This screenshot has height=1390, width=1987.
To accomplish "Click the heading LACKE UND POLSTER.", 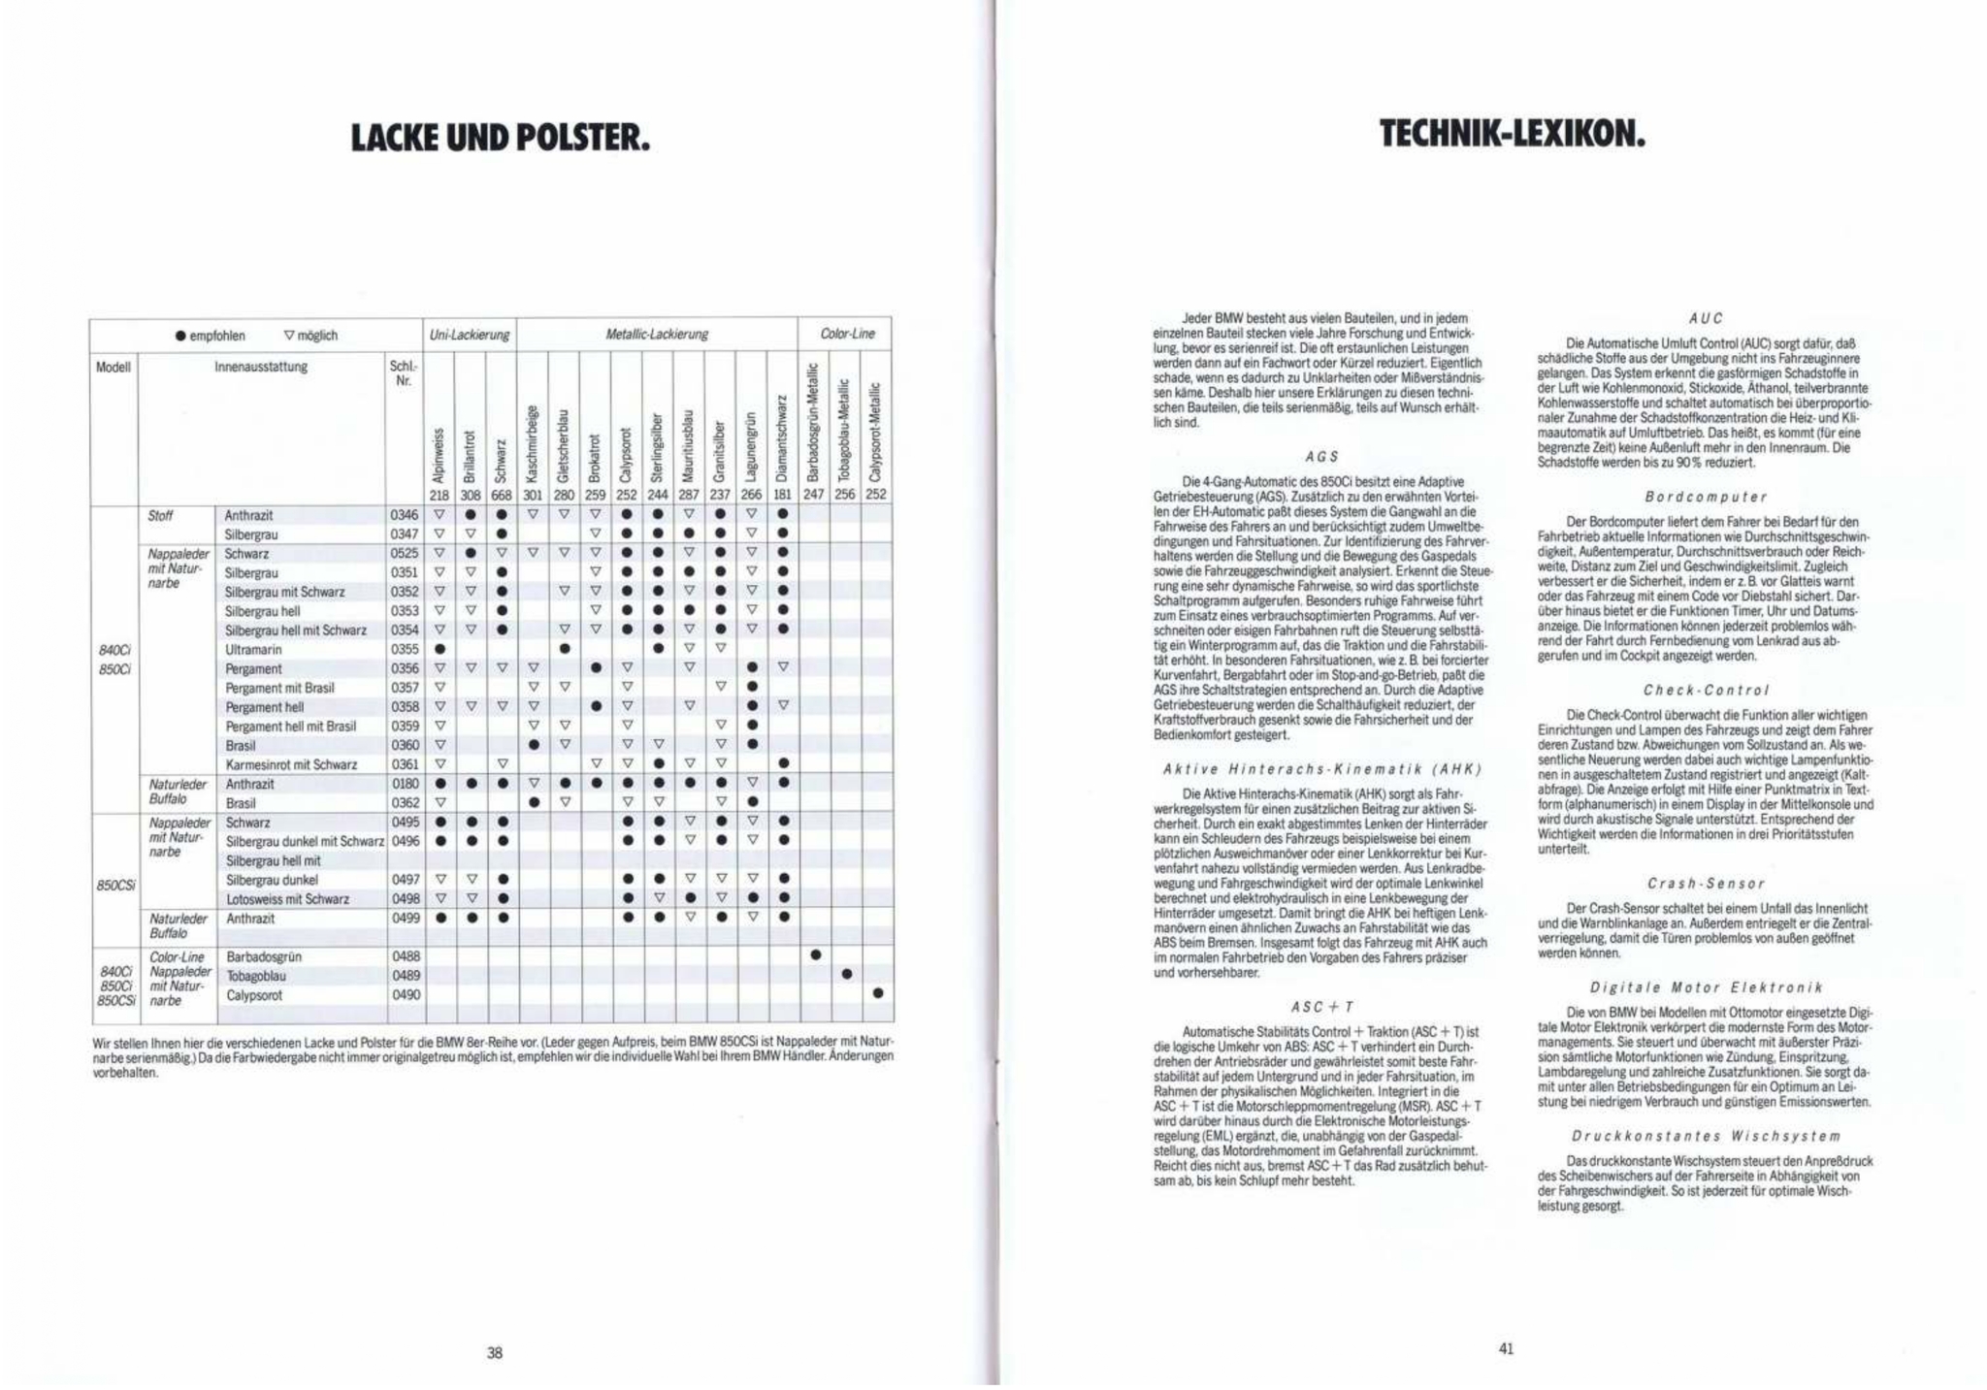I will pos(500,139).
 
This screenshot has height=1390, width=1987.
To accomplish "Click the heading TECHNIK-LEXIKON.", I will pos(1513,134).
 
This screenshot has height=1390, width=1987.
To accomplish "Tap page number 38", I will pos(495,1352).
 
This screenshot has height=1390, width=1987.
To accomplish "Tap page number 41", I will pos(1506,1347).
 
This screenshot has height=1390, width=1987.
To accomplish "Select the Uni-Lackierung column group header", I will pos(470,335).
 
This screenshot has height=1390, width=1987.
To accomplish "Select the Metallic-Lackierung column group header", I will pos(657,335).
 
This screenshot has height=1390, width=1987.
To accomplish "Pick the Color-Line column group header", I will pos(847,334).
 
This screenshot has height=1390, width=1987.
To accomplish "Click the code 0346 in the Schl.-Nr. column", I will pos(405,515).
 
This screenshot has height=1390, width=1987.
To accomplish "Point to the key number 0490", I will pos(406,994).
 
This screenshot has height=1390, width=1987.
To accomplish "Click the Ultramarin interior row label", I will pos(253,649).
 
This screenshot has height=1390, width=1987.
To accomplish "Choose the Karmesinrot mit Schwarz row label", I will pos(291,764).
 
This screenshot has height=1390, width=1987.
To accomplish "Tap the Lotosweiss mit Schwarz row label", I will pos(287,899).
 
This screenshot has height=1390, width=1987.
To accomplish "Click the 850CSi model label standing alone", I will pos(116,885).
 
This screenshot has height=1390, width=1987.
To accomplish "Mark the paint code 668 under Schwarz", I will pos(502,494).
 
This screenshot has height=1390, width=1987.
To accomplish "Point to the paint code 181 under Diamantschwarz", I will pos(783,494).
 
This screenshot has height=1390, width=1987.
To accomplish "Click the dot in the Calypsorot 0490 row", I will pos(877,992).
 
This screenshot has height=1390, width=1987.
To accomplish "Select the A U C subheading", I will pos(1705,318).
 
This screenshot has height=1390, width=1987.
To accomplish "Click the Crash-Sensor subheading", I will pos(1705,884).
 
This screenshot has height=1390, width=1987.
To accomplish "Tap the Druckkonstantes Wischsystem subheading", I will pos(1705,1135).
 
